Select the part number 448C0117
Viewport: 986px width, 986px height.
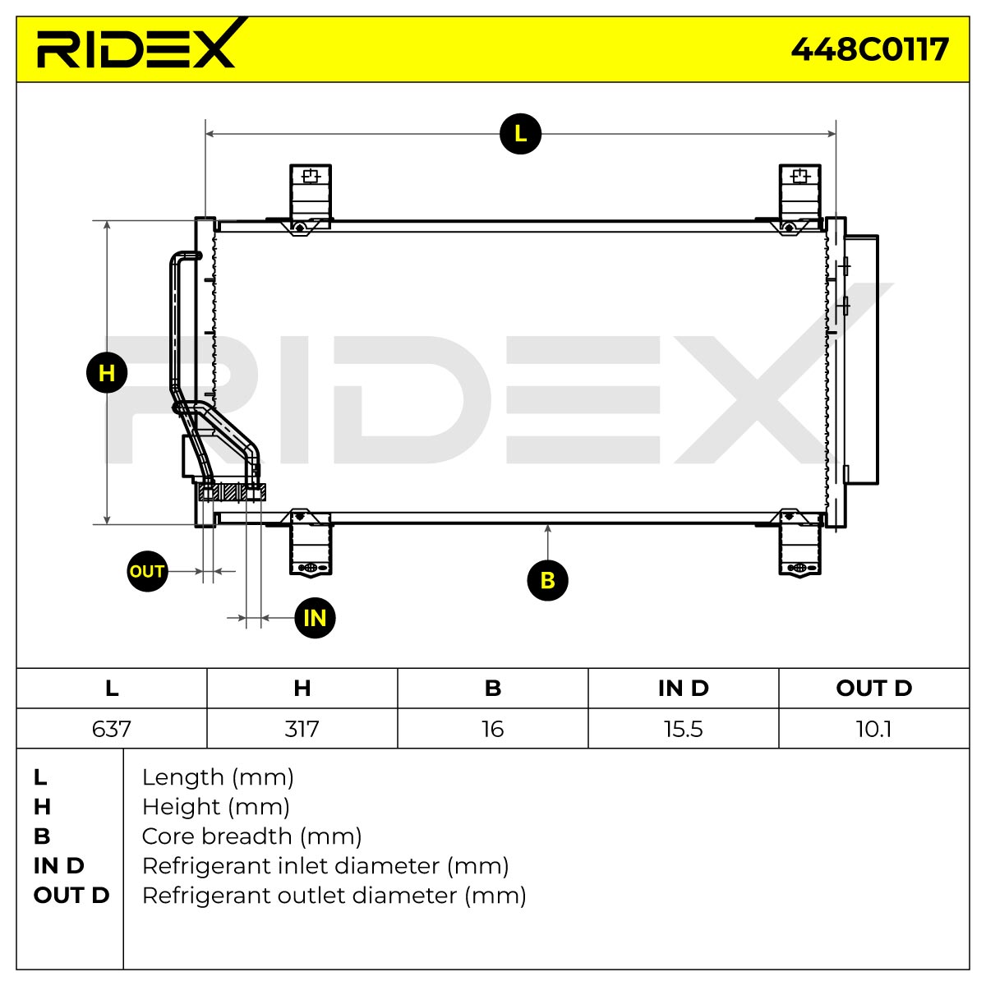tap(869, 49)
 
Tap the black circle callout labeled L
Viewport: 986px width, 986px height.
tap(520, 134)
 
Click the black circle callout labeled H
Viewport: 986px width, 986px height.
tap(107, 372)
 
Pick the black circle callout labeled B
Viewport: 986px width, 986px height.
tap(547, 580)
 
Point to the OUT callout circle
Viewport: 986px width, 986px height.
tap(147, 571)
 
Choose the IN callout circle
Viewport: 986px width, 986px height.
tap(316, 618)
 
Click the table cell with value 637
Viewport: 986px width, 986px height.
tap(112, 729)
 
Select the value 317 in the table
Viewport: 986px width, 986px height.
tap(302, 729)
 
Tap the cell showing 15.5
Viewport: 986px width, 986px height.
tap(683, 729)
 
